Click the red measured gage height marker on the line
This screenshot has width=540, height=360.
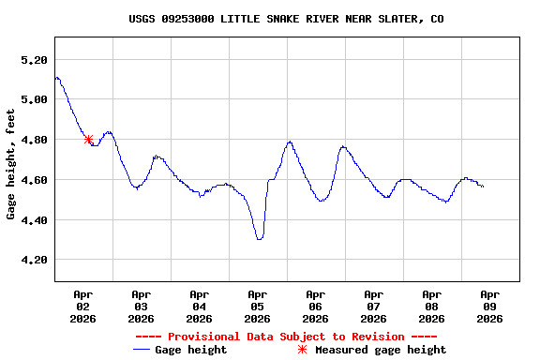88,140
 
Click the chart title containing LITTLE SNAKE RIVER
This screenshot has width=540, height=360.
286,19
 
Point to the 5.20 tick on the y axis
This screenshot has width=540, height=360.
34,60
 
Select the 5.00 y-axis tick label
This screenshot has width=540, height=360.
34,99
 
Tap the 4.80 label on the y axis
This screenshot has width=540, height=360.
34,140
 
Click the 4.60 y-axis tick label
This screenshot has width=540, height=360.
34,180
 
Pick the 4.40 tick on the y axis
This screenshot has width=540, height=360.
34,220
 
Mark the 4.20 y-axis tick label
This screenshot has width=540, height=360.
34,260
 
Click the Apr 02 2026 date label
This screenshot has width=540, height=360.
83,306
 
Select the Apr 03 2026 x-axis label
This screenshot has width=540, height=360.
142,306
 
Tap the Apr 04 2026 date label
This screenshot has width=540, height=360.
200,306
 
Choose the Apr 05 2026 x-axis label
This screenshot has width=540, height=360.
258,306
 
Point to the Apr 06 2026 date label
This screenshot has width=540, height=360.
316,306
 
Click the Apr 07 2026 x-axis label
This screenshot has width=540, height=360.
374,306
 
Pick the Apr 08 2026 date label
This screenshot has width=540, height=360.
432,306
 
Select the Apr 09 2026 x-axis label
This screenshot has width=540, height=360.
490,306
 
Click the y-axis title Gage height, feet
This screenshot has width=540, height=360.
11,164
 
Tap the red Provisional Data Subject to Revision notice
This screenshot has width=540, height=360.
286,337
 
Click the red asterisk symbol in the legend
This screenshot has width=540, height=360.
302,350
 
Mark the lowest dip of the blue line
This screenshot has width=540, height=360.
259,239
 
